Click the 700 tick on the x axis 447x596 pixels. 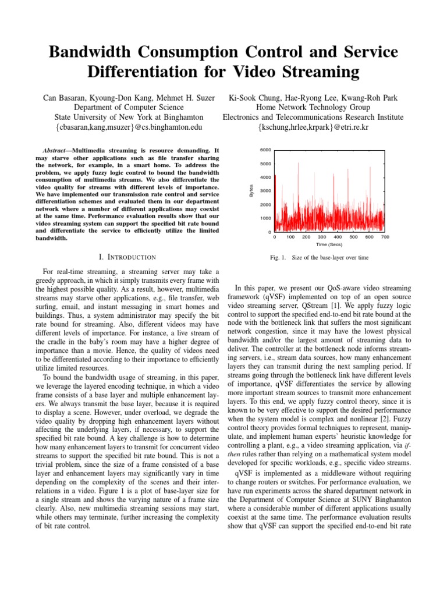point(385,237)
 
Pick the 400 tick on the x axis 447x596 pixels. point(338,237)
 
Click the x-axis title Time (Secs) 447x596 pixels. point(329,246)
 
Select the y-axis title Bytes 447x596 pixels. point(251,190)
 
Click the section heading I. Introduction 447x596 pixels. point(129,257)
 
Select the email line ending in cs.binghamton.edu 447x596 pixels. point(129,127)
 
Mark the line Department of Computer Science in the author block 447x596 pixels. point(129,107)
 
